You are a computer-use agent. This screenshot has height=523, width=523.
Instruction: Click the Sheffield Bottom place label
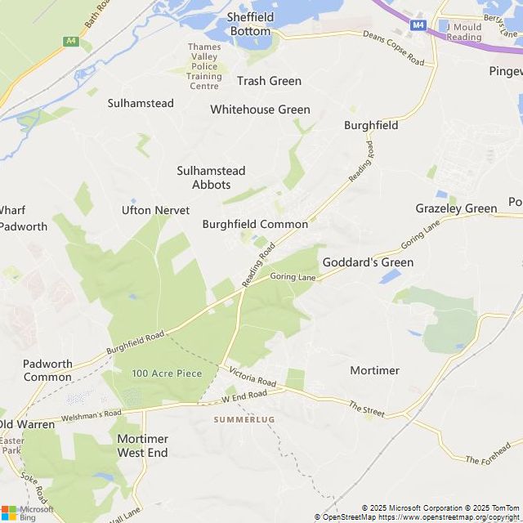point(249,24)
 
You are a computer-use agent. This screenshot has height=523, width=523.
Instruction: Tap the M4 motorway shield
point(418,25)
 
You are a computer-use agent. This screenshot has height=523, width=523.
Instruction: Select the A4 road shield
point(71,39)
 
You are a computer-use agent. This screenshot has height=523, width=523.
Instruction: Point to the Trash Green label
point(269,81)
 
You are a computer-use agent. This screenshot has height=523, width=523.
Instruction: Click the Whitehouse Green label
point(260,110)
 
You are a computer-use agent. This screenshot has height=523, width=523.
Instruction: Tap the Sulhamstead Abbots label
point(211,177)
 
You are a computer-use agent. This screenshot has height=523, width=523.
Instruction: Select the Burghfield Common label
point(255,224)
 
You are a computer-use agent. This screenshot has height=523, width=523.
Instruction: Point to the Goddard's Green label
point(368,262)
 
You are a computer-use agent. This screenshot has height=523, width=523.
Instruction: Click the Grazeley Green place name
point(456,208)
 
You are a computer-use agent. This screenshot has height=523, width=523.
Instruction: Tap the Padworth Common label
point(47,370)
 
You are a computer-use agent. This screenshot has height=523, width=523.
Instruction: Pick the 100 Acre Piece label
point(167,373)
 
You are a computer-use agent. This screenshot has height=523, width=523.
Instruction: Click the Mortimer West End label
point(142,445)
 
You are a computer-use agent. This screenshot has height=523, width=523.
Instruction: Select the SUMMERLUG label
point(244,419)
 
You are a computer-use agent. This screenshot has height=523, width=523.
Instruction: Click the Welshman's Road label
point(91,413)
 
